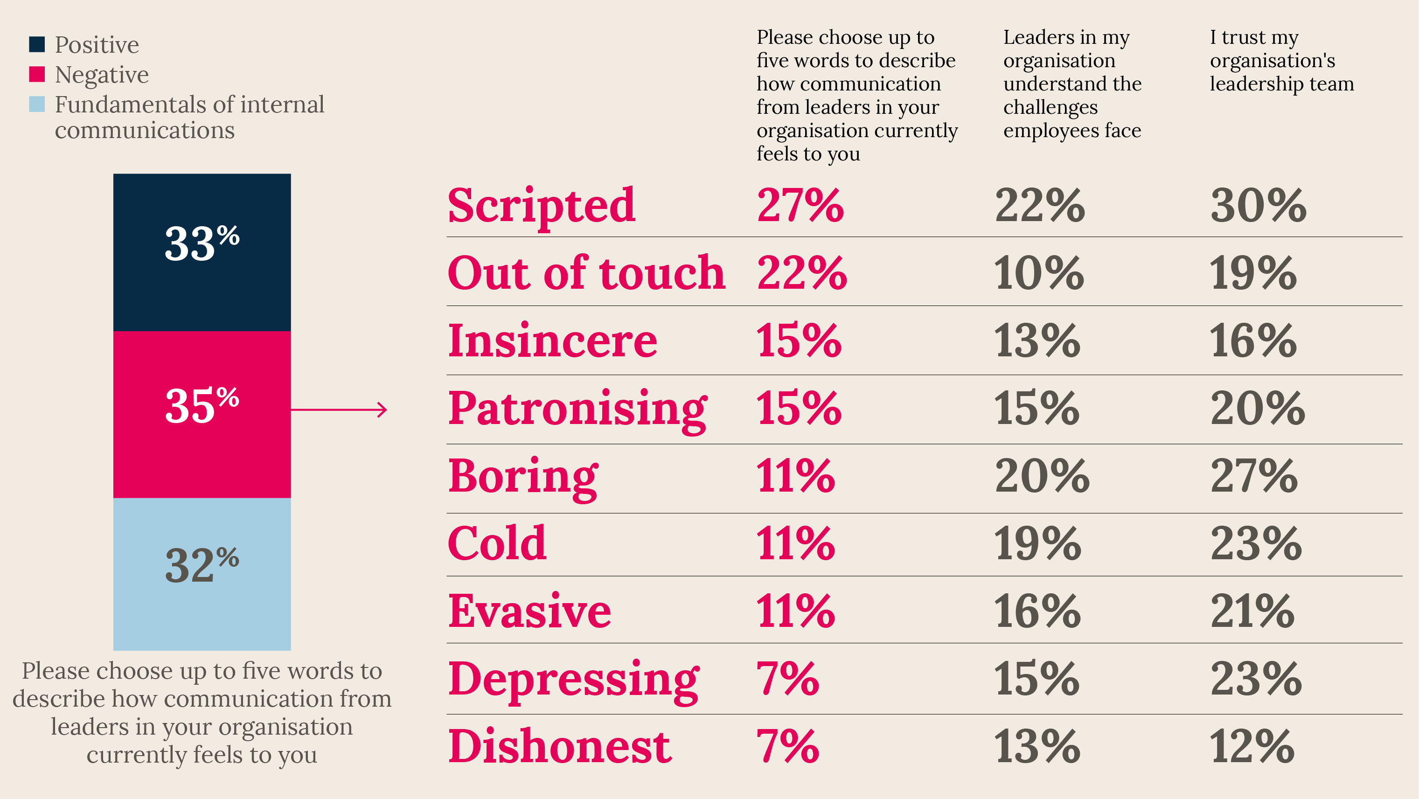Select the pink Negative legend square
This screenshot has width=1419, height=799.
click(37, 74)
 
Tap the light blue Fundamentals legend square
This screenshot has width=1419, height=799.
click(37, 104)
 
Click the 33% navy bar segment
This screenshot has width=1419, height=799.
click(202, 252)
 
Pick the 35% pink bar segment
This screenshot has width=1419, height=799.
click(202, 415)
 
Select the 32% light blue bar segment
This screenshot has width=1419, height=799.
click(202, 574)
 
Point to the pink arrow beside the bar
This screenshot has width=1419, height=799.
click(339, 410)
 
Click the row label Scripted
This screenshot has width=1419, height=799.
click(542, 207)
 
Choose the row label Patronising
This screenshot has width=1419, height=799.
click(578, 410)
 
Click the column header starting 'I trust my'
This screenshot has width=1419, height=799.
click(1282, 60)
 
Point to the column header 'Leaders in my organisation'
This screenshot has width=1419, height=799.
click(1072, 83)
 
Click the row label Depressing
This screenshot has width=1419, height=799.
click(573, 682)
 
